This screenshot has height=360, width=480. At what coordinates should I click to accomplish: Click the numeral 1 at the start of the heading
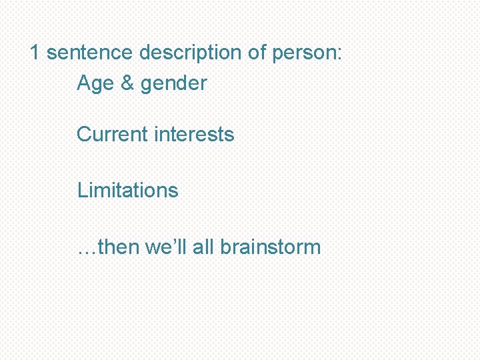point(36,53)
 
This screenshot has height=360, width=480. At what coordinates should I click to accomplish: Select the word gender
point(174,85)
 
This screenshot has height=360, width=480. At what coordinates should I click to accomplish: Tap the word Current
point(112,134)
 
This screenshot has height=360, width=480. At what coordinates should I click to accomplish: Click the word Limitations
point(128,190)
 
